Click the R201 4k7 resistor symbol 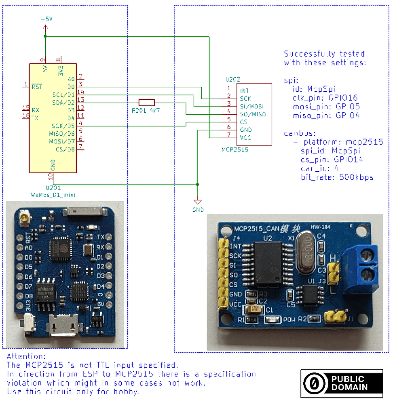(x=146, y=102)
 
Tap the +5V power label (x=46, y=19)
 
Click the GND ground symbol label (x=198, y=210)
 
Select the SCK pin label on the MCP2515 (x=245, y=98)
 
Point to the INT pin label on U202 (x=244, y=90)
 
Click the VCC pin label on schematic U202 (x=245, y=137)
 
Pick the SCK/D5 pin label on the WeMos (x=63, y=126)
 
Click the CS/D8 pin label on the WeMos (x=65, y=149)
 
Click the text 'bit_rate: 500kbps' (x=337, y=177)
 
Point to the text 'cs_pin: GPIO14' (x=332, y=160)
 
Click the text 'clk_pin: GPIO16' (x=325, y=98)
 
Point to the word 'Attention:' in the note (x=27, y=356)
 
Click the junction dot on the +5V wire (x=45, y=36)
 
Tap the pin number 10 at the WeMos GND (x=50, y=176)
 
